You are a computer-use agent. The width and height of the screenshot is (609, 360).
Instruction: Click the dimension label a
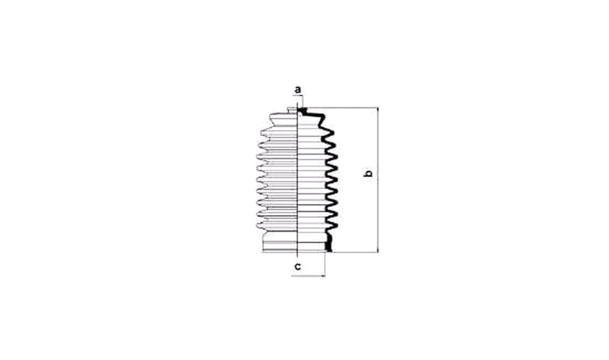point(298,90)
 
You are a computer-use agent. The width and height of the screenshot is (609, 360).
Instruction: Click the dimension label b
point(368,173)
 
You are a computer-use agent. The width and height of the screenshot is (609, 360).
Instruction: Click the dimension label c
point(298,267)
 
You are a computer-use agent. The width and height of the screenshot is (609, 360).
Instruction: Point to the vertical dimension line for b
point(378,180)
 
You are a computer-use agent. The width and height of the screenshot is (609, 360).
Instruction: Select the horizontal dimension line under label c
point(308,276)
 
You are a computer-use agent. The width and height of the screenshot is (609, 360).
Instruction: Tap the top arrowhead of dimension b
point(378,110)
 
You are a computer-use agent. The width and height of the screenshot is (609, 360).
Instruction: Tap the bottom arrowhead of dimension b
point(378,250)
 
